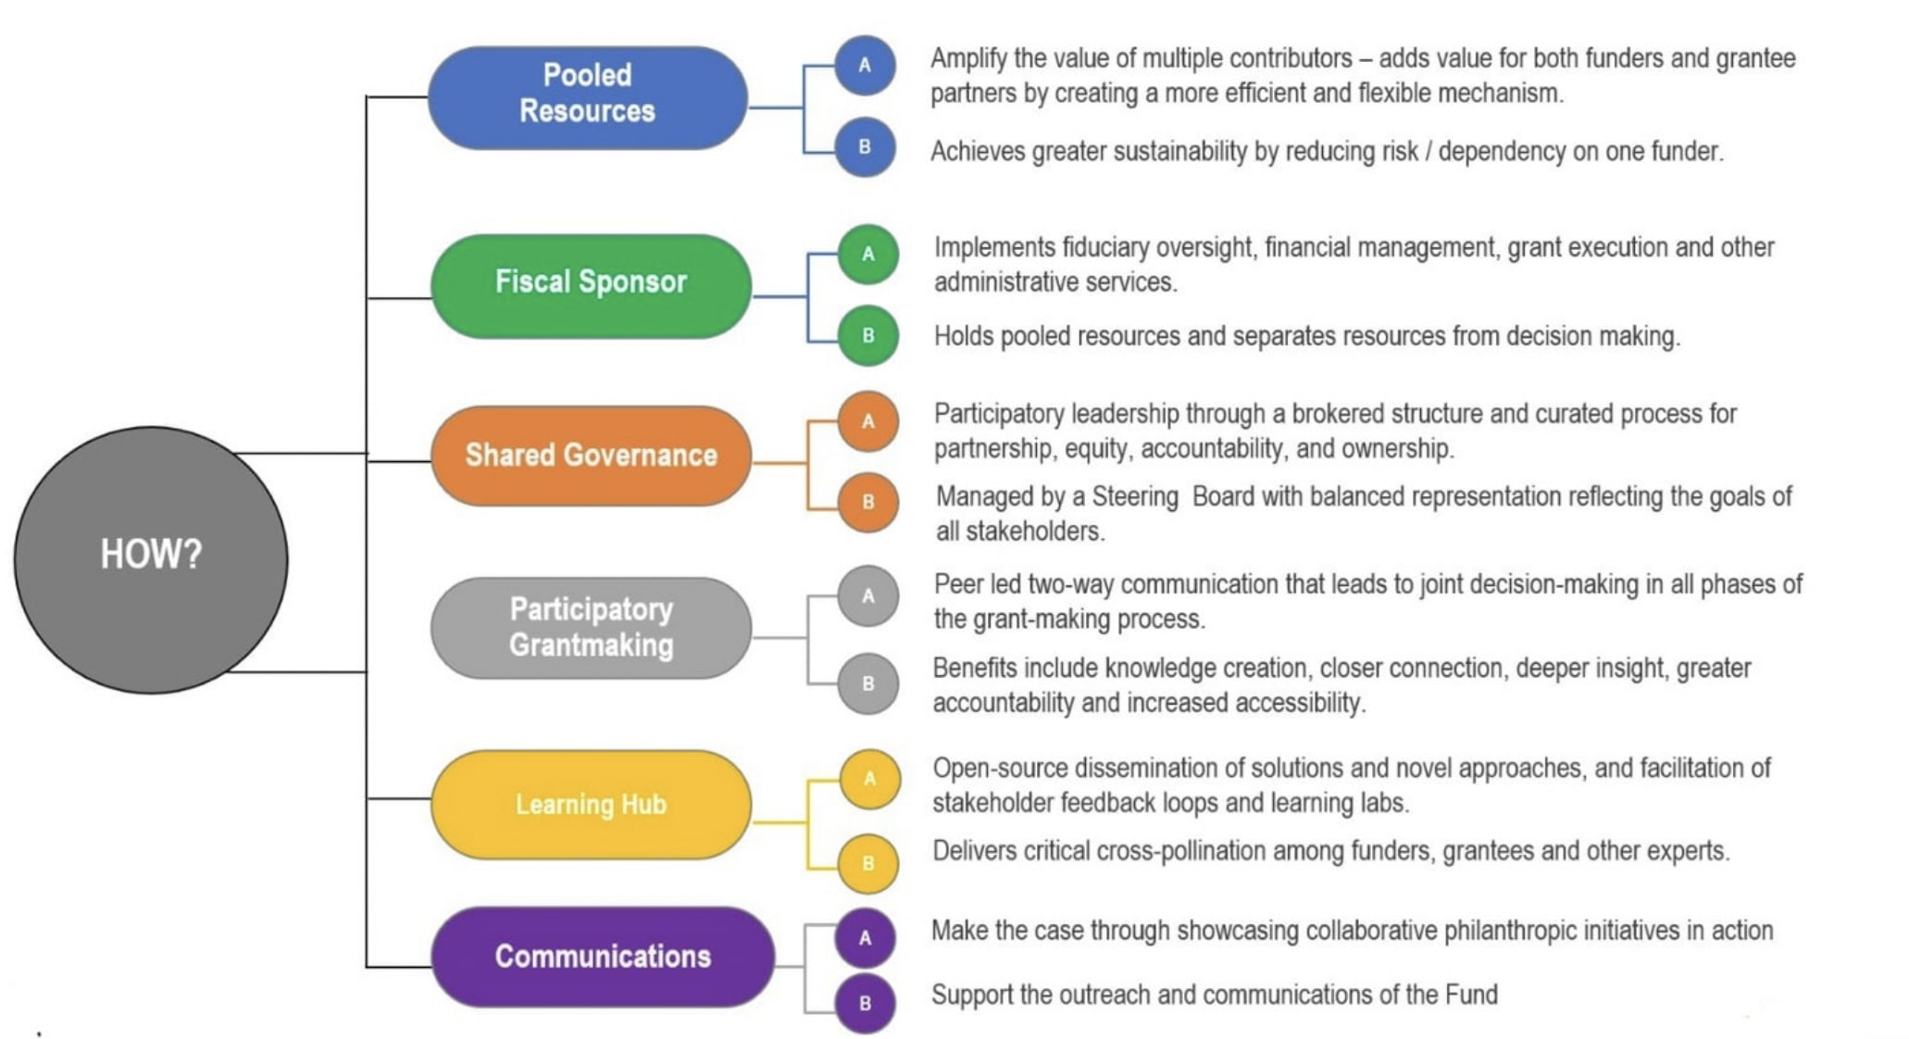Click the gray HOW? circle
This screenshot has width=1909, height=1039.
pyautogui.click(x=151, y=559)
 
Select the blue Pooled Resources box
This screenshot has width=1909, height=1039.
pyautogui.click(x=587, y=97)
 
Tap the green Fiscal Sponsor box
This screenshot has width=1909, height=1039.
pyautogui.click(x=591, y=285)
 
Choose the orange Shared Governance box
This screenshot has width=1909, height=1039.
pyautogui.click(x=591, y=456)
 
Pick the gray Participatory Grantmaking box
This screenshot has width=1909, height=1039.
pyautogui.click(x=591, y=628)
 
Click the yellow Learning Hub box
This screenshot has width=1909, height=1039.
pyautogui.click(x=591, y=804)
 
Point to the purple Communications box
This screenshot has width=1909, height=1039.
pyautogui.click(x=603, y=957)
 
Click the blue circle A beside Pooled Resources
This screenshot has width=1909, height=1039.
pyautogui.click(x=865, y=66)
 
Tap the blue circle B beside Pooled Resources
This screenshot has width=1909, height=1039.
pyautogui.click(x=865, y=146)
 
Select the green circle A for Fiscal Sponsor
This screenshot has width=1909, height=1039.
pyautogui.click(x=868, y=254)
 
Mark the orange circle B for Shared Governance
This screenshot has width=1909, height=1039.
pyautogui.click(x=868, y=502)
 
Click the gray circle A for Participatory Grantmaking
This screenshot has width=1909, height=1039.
pyautogui.click(x=868, y=595)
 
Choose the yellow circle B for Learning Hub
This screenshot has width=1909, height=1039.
pyautogui.click(x=868, y=863)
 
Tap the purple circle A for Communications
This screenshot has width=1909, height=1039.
pyautogui.click(x=865, y=938)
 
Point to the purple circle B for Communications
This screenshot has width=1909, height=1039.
pyautogui.click(x=865, y=1003)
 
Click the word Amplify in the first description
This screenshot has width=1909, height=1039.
pyautogui.click(x=968, y=59)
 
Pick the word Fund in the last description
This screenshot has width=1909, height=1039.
pyautogui.click(x=1471, y=995)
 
